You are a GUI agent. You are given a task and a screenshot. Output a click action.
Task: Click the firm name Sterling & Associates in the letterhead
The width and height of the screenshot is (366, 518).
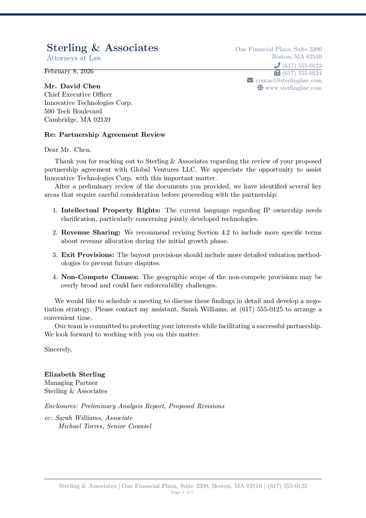[x=102, y=48]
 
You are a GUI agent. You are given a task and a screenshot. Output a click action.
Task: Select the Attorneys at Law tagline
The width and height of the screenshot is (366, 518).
[x=74, y=58]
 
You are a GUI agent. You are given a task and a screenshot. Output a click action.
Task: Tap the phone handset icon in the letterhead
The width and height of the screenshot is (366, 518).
[x=277, y=66]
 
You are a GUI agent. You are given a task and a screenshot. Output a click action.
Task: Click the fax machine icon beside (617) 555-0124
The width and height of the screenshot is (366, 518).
[x=277, y=73]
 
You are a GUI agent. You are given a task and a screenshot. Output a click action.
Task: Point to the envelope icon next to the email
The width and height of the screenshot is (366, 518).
[x=250, y=81]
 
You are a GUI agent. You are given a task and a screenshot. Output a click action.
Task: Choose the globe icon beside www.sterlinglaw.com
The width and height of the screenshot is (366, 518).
[x=260, y=88]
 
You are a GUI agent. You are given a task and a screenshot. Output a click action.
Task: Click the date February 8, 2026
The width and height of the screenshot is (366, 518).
[x=69, y=71]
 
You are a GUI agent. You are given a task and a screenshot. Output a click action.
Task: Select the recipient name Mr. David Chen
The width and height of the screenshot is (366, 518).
[x=72, y=86]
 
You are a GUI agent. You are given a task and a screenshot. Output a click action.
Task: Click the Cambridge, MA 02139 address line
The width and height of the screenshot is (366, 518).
[x=77, y=120]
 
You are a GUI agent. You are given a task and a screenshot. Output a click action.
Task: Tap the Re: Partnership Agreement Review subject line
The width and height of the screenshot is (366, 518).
[x=105, y=135]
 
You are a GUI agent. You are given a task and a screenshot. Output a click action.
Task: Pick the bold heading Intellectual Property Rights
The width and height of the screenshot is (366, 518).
[x=111, y=210]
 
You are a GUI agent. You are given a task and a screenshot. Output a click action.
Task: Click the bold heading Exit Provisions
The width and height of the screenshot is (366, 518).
[x=87, y=254]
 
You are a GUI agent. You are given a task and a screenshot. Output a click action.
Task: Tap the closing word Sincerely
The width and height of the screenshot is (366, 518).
[x=58, y=349]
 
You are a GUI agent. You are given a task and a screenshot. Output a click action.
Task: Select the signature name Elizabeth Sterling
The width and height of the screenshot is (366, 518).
[x=75, y=374]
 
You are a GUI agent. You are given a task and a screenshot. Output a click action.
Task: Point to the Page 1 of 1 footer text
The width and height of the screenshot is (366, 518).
[x=183, y=492]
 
